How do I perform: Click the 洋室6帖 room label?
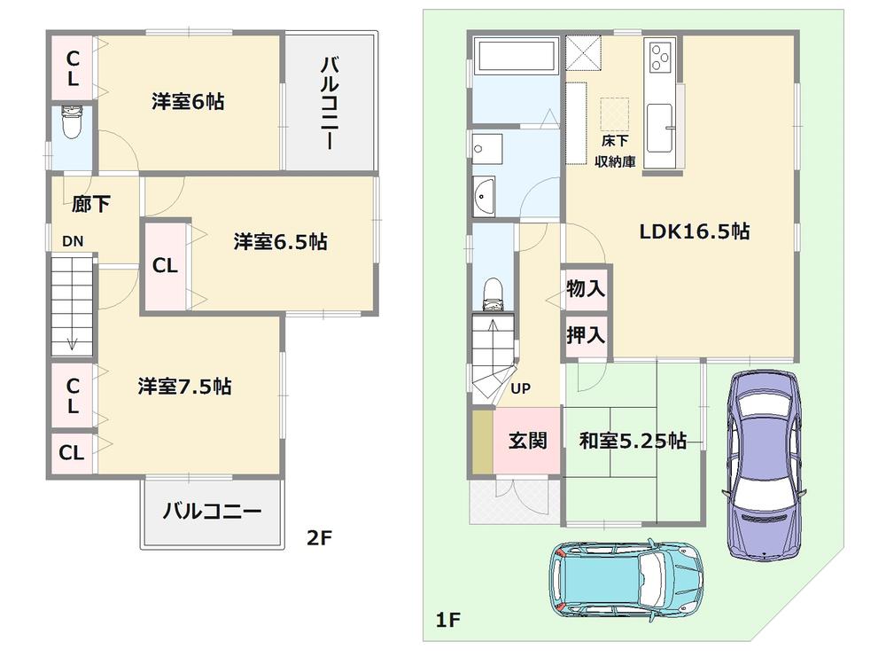click(187, 102)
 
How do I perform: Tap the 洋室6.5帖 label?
click(281, 241)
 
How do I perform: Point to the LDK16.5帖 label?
click(696, 231)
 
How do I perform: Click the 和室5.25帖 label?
click(633, 441)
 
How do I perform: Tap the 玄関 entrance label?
click(527, 441)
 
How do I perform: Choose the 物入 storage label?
click(586, 288)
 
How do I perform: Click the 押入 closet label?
click(586, 334)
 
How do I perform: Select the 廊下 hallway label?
click(91, 205)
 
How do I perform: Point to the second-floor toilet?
click(71, 124)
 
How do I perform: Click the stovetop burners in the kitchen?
click(661, 59)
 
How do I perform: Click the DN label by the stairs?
click(73, 241)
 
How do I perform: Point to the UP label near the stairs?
click(521, 387)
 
